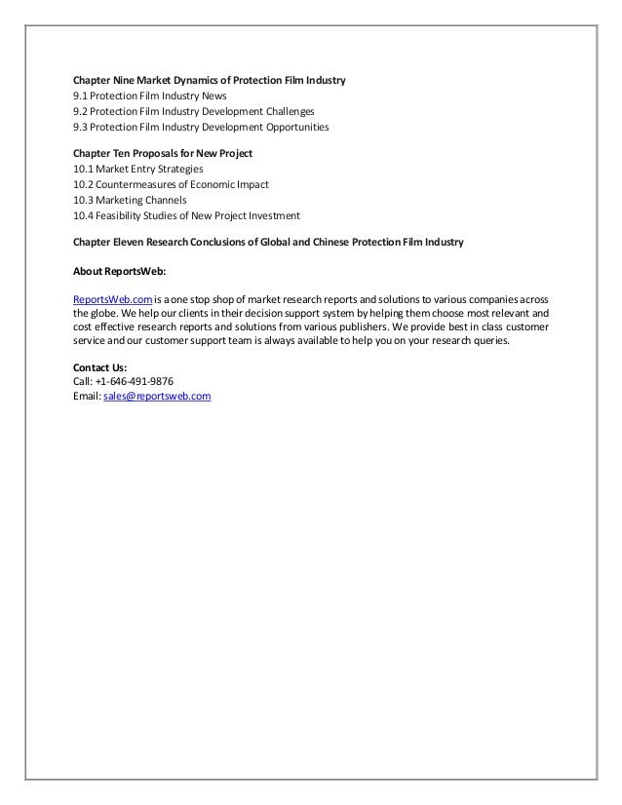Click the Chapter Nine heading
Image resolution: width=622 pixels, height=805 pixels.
pos(210,79)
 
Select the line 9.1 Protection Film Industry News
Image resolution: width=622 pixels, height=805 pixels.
pos(150,96)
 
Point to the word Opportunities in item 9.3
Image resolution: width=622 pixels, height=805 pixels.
pos(296,127)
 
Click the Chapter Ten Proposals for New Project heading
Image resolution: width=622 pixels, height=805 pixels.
pos(163,153)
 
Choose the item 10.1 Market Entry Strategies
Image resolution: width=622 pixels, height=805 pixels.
pos(138,169)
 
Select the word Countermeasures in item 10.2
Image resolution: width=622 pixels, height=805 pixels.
pos(137,184)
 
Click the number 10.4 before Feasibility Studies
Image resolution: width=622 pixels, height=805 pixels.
pos(84,215)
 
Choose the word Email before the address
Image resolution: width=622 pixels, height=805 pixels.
pos(87,397)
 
